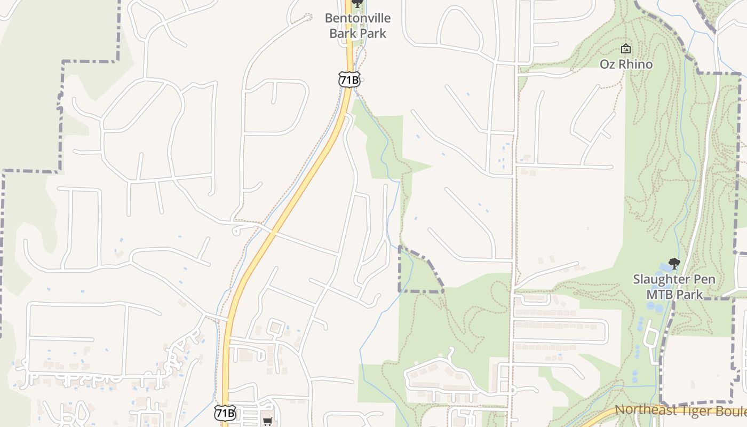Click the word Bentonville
click(x=357, y=18)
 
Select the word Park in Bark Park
click(x=372, y=33)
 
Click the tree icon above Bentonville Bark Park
click(x=357, y=3)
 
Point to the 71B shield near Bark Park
click(x=349, y=80)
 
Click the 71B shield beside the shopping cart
click(x=225, y=413)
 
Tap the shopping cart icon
click(x=268, y=421)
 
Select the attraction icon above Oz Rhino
click(x=626, y=49)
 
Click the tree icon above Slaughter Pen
click(x=674, y=263)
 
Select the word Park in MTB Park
click(x=689, y=294)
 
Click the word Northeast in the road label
click(x=642, y=410)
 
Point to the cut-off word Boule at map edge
click(x=728, y=411)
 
